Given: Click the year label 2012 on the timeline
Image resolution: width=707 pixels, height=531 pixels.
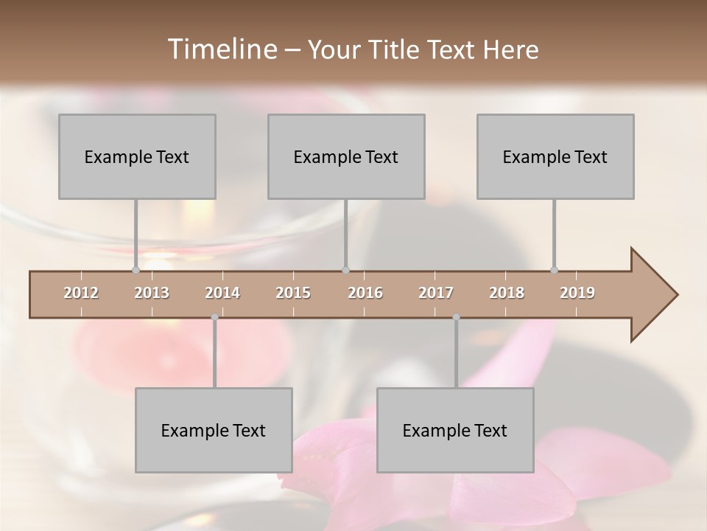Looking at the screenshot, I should (81, 293).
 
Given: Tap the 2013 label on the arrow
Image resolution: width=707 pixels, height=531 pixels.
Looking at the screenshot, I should (152, 293).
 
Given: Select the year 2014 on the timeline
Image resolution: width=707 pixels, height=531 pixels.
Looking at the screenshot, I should (222, 293).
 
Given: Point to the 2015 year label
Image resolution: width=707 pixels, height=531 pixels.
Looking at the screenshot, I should (293, 293).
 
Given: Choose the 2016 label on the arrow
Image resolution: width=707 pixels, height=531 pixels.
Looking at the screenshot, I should (365, 293).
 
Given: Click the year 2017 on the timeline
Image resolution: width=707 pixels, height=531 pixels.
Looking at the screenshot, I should (436, 293).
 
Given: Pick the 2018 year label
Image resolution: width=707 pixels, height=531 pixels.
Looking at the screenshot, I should (507, 293).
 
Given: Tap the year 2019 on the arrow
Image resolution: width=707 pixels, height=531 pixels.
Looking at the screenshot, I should (577, 293).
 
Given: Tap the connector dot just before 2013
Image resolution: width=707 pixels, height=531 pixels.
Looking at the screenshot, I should (136, 271).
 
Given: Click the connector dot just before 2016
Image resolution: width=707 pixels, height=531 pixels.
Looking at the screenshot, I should (345, 271).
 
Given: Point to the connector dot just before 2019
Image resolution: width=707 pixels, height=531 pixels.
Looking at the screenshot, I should (555, 271).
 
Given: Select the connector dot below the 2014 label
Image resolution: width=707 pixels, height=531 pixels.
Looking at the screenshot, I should (214, 317).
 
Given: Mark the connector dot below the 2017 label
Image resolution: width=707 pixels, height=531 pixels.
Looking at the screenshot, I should (456, 317).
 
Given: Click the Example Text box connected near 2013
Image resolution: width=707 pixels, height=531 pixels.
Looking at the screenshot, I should (137, 156).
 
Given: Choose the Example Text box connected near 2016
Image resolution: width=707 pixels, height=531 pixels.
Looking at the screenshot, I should (346, 156).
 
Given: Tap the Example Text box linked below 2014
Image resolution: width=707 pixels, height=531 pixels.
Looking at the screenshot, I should (214, 430).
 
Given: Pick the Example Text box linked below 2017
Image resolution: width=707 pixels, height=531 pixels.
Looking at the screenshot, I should (455, 430).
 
